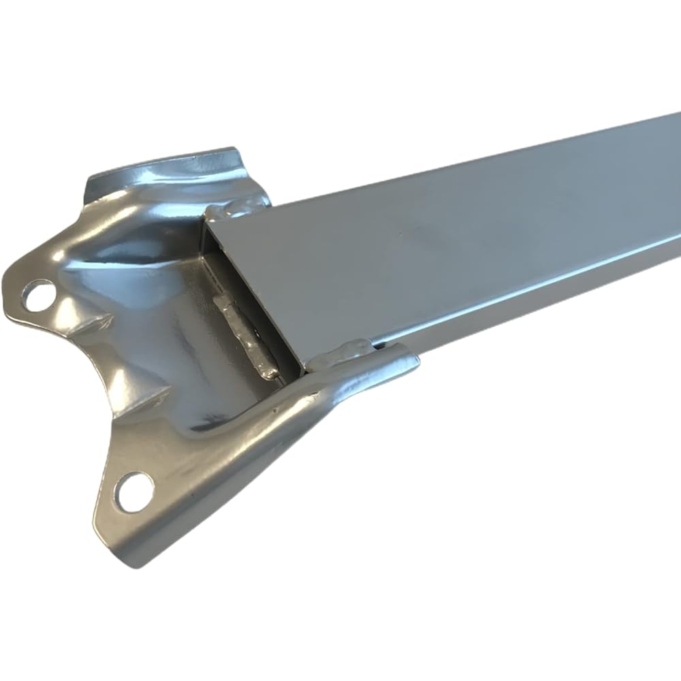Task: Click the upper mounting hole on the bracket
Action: click(x=38, y=295)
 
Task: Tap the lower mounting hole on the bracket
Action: click(x=134, y=491)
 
